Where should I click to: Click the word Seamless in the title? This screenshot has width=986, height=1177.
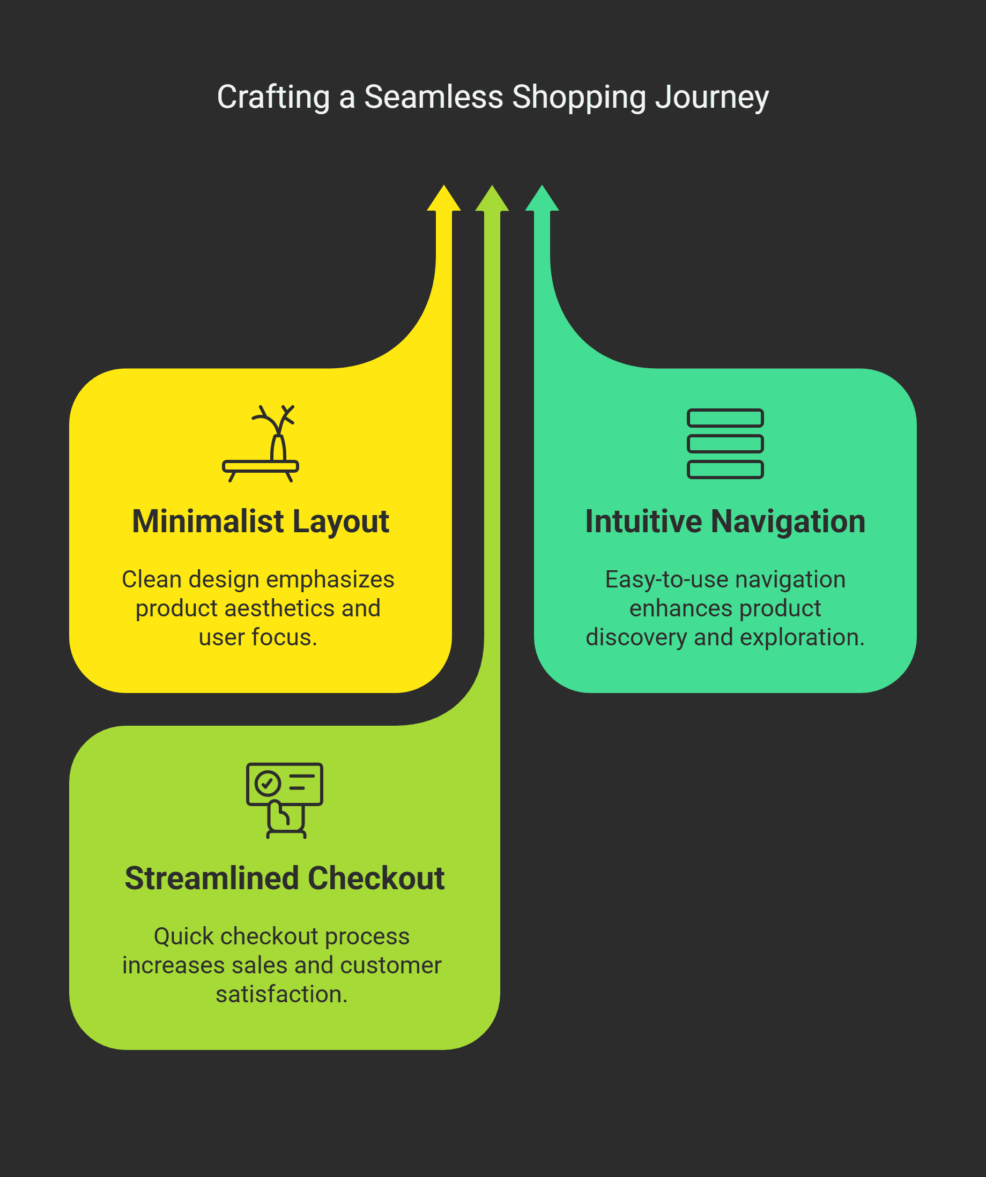434,96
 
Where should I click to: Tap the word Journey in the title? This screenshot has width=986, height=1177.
712,98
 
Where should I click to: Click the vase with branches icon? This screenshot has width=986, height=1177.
261,443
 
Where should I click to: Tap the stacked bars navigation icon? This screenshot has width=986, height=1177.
725,443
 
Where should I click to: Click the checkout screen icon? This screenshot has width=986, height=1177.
285,800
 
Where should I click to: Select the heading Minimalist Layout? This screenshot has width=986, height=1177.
261,522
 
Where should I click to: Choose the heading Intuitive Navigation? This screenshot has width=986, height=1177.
725,522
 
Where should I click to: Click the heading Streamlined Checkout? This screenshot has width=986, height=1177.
285,878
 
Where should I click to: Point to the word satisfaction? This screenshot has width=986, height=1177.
281,994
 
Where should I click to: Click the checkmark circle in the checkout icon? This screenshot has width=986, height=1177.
268,783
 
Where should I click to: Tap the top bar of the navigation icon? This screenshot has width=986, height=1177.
725,418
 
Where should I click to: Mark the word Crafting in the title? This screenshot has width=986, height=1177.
273,98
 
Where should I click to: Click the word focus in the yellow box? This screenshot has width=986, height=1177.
284,637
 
